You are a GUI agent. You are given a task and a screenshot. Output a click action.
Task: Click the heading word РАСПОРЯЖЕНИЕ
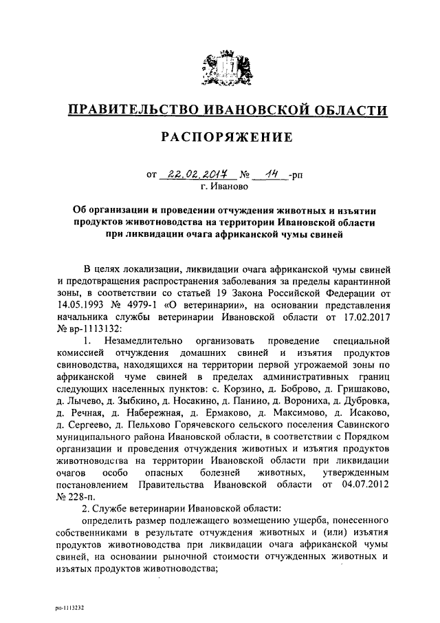tap(226, 137)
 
